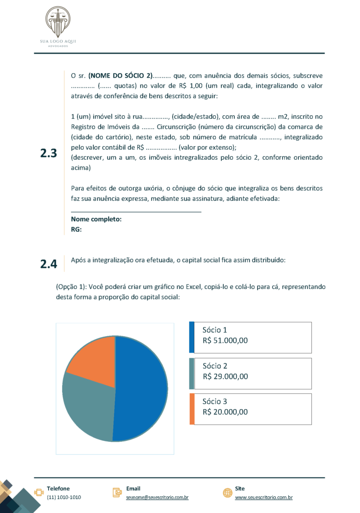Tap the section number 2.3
point(49,154)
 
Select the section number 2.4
point(49,264)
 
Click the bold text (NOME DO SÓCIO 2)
point(120,76)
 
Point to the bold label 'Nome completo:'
point(96,219)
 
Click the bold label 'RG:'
point(76,229)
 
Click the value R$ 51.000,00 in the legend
point(225,341)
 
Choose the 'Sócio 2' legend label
point(215,366)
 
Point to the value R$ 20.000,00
point(225,412)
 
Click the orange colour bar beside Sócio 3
point(191,409)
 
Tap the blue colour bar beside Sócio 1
point(191,337)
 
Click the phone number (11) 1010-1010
point(64,497)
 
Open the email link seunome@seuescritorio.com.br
point(157,497)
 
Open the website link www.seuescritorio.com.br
point(263,497)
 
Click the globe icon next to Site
point(227,493)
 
